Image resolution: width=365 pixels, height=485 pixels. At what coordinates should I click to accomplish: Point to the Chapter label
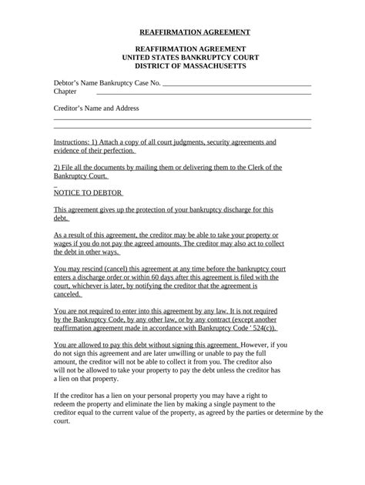point(65,92)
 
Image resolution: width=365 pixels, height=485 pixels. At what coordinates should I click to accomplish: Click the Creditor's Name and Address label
point(96,109)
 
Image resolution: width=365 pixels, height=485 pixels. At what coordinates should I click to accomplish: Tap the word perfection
point(119,151)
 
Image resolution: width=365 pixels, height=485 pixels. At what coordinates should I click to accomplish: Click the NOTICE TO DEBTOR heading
point(88,192)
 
